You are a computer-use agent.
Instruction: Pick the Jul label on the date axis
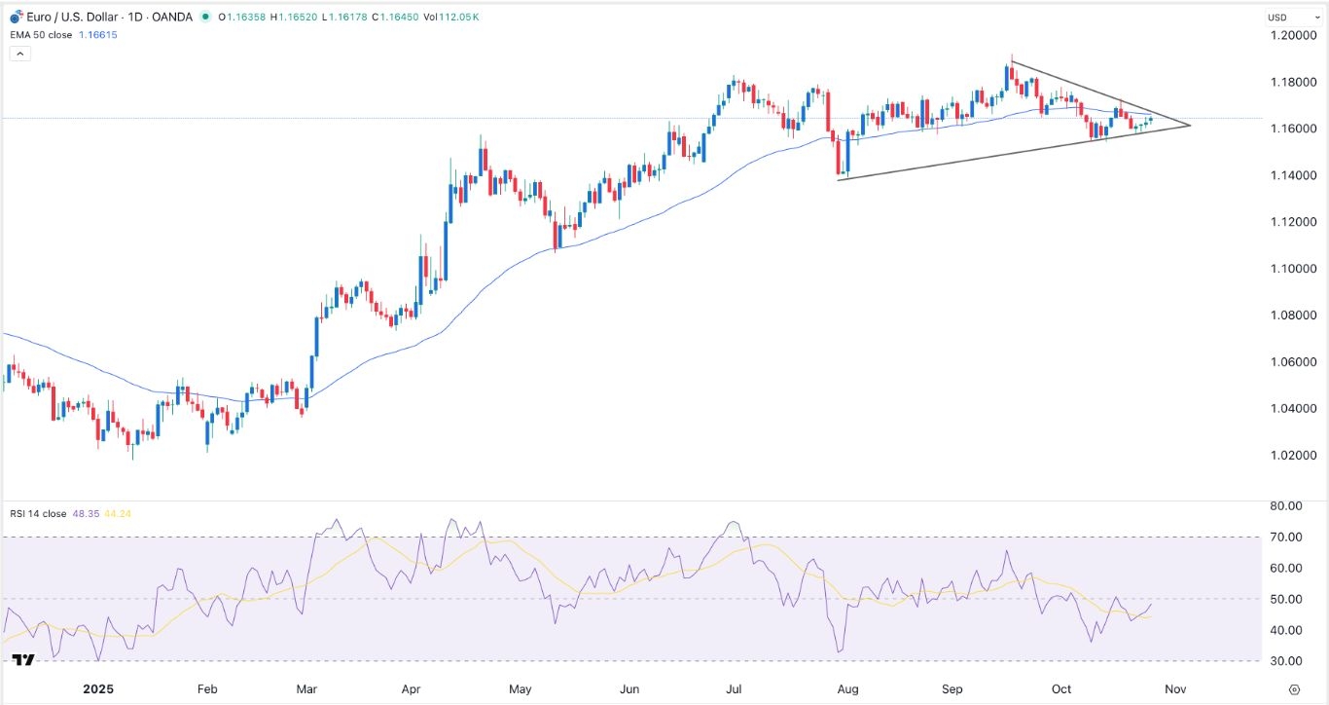(x=736, y=688)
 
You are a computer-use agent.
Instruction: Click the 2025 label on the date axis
(x=97, y=688)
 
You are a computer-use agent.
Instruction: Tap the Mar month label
(x=307, y=688)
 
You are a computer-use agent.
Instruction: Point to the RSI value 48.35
(x=82, y=513)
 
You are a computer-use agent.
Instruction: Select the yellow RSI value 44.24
(x=110, y=513)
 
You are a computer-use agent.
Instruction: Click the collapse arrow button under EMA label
(x=19, y=54)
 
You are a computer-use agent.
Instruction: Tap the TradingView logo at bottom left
(x=23, y=660)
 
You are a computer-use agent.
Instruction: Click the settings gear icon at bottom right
(x=1293, y=688)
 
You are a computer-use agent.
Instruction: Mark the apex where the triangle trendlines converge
(x=1190, y=125)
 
